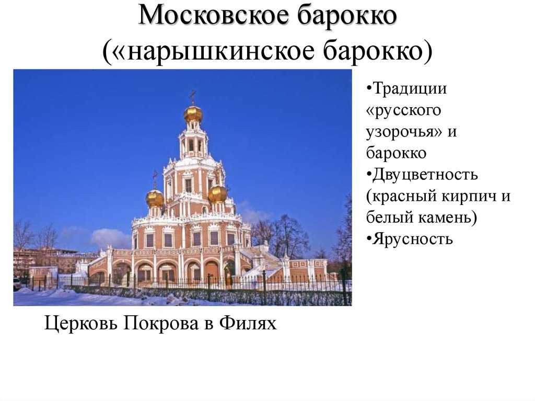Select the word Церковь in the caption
(x=80, y=323)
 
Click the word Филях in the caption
(x=248, y=323)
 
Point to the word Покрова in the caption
(x=161, y=323)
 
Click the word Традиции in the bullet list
(x=406, y=89)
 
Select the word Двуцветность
(x=422, y=175)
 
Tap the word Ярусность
(x=410, y=239)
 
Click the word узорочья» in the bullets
(x=404, y=132)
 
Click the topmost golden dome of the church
(x=193, y=114)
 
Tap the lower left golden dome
(x=155, y=199)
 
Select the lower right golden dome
(x=218, y=194)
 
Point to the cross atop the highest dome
(x=193, y=97)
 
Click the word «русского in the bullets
(x=404, y=110)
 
